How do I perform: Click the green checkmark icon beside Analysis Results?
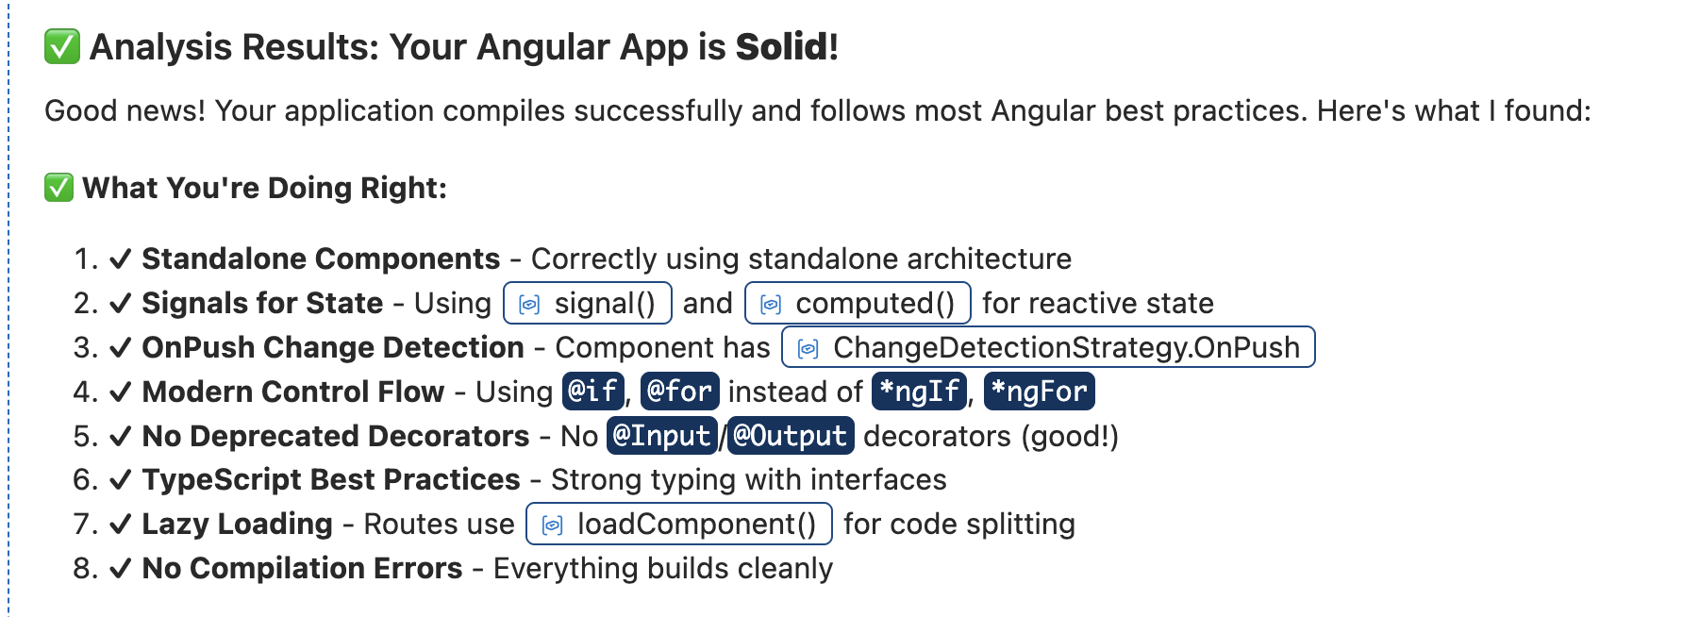click(62, 47)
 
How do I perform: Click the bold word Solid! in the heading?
click(787, 47)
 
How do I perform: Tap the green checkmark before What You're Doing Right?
click(58, 188)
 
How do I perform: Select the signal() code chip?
click(588, 303)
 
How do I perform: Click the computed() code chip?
click(858, 303)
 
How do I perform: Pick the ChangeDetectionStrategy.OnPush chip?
click(1048, 347)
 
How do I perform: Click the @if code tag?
click(593, 392)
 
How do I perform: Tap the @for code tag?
click(679, 392)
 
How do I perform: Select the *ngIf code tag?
click(920, 392)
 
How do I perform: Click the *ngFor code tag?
click(1039, 392)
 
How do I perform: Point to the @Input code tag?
click(661, 436)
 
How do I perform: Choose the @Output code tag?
click(791, 436)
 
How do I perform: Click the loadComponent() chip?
click(678, 524)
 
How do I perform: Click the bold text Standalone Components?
click(321, 258)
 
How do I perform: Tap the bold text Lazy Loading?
click(237, 524)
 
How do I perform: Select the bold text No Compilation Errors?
click(302, 568)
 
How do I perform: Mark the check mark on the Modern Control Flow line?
click(120, 392)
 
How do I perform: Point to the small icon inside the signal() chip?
click(530, 304)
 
